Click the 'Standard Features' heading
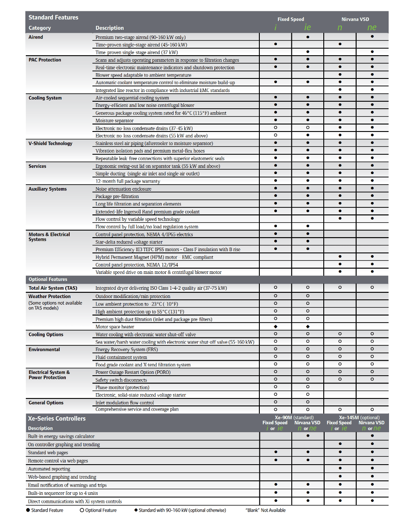point(53,18)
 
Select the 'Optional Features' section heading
point(48,279)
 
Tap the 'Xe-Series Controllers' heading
point(57,419)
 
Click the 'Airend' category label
point(36,37)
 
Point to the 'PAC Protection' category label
point(45,60)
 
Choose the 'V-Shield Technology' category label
point(50,143)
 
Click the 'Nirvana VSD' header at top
point(355,19)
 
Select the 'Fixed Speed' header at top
point(290,19)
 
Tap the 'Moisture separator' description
point(114,121)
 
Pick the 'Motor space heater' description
point(115,327)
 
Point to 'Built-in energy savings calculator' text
point(61,437)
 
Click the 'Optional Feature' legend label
point(101,510)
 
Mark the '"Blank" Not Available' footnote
point(265,510)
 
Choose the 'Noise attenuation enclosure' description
point(123,189)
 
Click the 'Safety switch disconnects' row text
point(121,380)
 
